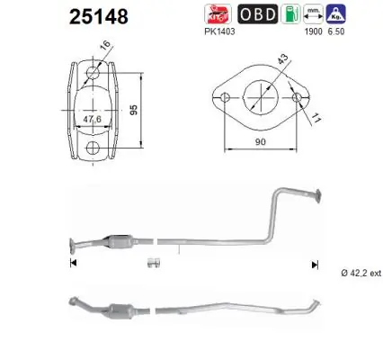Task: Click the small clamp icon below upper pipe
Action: click(153, 264)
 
